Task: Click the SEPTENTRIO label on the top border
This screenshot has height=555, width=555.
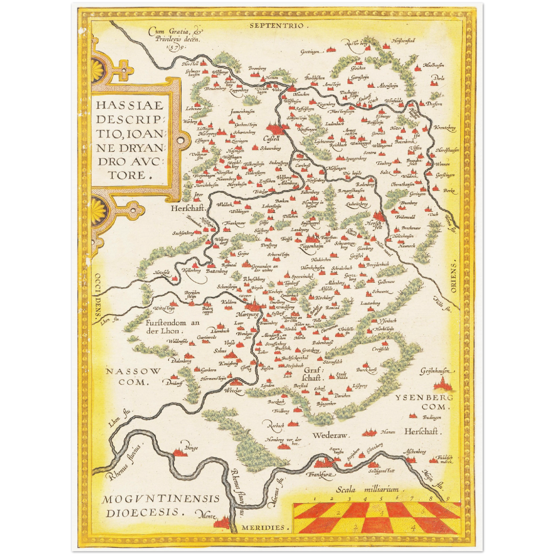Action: [277, 26]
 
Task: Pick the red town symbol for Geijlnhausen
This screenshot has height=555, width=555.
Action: [442, 383]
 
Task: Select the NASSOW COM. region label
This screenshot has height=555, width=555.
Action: [133, 376]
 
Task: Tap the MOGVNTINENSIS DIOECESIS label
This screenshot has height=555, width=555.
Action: [161, 505]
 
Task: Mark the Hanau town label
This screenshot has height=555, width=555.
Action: [387, 432]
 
